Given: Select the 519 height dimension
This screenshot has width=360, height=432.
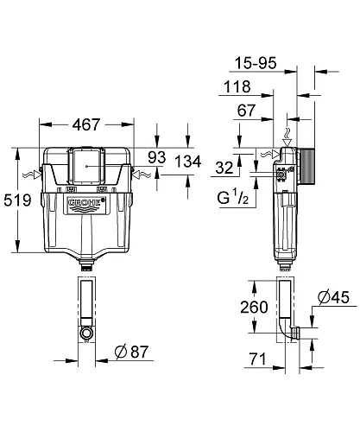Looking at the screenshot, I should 16,201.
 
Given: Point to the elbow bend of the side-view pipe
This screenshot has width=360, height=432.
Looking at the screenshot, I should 288,330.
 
